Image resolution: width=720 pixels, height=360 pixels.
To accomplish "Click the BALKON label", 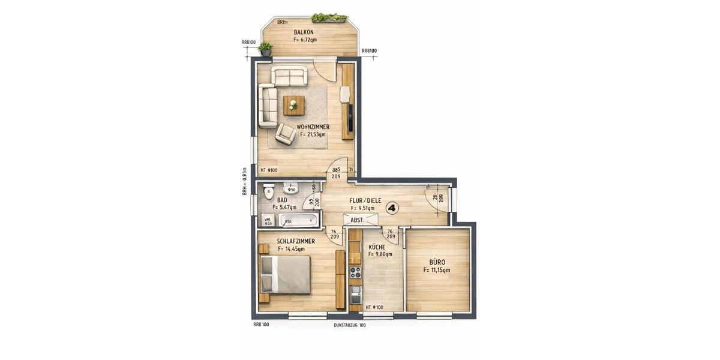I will point(305,32).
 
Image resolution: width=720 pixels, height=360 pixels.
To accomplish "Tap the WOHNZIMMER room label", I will point(313,127).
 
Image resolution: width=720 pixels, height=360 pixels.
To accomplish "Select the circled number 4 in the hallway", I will point(392,208).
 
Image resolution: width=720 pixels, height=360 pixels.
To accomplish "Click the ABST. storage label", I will point(358,220).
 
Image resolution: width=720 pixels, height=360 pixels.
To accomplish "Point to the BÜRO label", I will point(437,262).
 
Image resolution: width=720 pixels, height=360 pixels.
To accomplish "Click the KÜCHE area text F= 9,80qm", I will point(380,254).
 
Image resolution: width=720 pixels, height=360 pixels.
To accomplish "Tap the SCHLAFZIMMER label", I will point(296,241).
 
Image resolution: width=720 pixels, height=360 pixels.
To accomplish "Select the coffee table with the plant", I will point(293,106).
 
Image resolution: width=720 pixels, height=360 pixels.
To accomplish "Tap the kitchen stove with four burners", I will point(355,273).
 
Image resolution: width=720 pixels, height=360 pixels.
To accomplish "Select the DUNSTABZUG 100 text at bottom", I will point(350,325).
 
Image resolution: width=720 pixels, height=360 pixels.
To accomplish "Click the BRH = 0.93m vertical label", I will point(245,181).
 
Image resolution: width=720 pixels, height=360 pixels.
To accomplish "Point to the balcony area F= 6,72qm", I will point(305,40).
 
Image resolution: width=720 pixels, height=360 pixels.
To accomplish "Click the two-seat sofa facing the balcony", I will point(289,76).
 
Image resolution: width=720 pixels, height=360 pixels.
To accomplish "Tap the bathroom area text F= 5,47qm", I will point(284,208).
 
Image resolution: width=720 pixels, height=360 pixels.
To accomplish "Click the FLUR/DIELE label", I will point(366,201).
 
